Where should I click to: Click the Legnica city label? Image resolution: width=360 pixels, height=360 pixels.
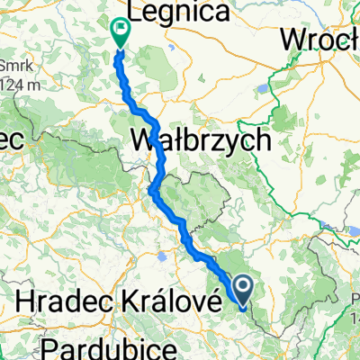point(181,13)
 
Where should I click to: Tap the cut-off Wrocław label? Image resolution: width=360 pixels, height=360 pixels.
point(319,40)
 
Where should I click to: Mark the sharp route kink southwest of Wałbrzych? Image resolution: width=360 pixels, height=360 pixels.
point(153,188)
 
